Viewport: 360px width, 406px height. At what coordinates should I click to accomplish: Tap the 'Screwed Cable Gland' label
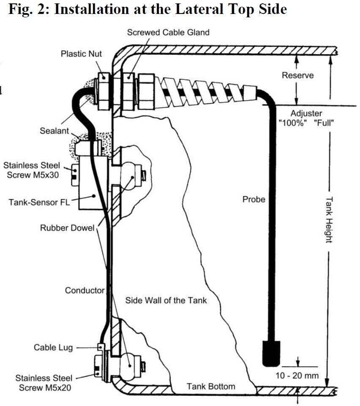pos(168,32)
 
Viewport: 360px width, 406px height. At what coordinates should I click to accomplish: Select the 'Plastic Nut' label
pos(81,54)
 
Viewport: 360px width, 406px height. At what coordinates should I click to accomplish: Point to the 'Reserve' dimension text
pos(297,75)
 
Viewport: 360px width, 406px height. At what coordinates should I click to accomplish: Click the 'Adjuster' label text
pos(306,113)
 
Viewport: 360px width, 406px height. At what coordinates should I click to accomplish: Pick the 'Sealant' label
pos(54,131)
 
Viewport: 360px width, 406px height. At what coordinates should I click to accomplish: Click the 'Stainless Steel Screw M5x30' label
pos(32,170)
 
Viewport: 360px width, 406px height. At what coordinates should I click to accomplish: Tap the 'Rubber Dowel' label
pos(67,228)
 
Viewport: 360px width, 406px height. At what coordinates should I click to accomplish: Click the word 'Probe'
pos(254,199)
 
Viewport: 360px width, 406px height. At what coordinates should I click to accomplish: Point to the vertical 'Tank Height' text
pos(328,220)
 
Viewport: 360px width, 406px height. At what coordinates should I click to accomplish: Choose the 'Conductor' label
pos(84,291)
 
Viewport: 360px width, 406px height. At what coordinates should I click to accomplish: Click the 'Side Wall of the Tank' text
pos(166,300)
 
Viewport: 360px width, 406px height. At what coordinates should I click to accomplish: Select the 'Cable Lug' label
pos(53,348)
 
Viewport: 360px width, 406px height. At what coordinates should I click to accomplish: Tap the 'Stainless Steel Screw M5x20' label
pos(44,382)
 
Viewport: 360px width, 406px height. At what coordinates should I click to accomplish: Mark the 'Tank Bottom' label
pos(211,386)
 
